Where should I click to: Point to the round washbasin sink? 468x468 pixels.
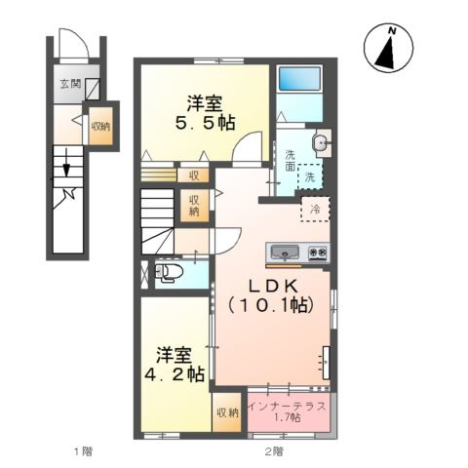321,144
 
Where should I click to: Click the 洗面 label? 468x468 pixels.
291,160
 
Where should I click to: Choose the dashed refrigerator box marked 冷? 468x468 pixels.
316,209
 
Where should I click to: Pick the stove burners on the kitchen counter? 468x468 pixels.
318,252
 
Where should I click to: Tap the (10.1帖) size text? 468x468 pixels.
269,306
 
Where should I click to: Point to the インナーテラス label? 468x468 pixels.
288,404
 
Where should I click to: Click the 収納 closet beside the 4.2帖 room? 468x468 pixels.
226,412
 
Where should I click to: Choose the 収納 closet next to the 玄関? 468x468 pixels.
100,126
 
